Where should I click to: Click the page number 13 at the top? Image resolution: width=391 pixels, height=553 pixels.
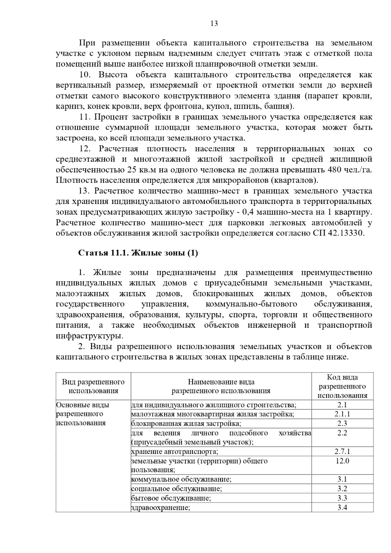(x=214, y=23)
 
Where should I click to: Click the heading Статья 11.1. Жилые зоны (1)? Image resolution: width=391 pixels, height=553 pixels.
(x=138, y=253)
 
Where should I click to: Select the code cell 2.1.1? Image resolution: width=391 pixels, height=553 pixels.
(x=342, y=414)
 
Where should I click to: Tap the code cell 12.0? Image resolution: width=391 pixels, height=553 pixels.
(x=342, y=461)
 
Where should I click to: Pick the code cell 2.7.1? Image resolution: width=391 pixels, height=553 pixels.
(x=342, y=451)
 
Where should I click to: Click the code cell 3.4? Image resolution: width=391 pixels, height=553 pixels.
(x=342, y=507)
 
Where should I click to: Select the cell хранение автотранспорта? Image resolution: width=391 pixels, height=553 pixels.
(x=175, y=451)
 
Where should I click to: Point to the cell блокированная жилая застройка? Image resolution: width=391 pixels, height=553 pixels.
(x=186, y=423)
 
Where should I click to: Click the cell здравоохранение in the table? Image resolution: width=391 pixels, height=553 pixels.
(x=161, y=507)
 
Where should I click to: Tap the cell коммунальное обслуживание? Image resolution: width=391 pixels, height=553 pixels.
(x=181, y=479)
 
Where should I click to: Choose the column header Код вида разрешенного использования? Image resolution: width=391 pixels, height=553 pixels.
(x=342, y=386)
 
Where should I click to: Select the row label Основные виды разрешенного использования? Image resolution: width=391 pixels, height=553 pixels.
(x=82, y=414)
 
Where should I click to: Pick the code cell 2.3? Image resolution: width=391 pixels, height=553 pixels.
(x=342, y=423)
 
